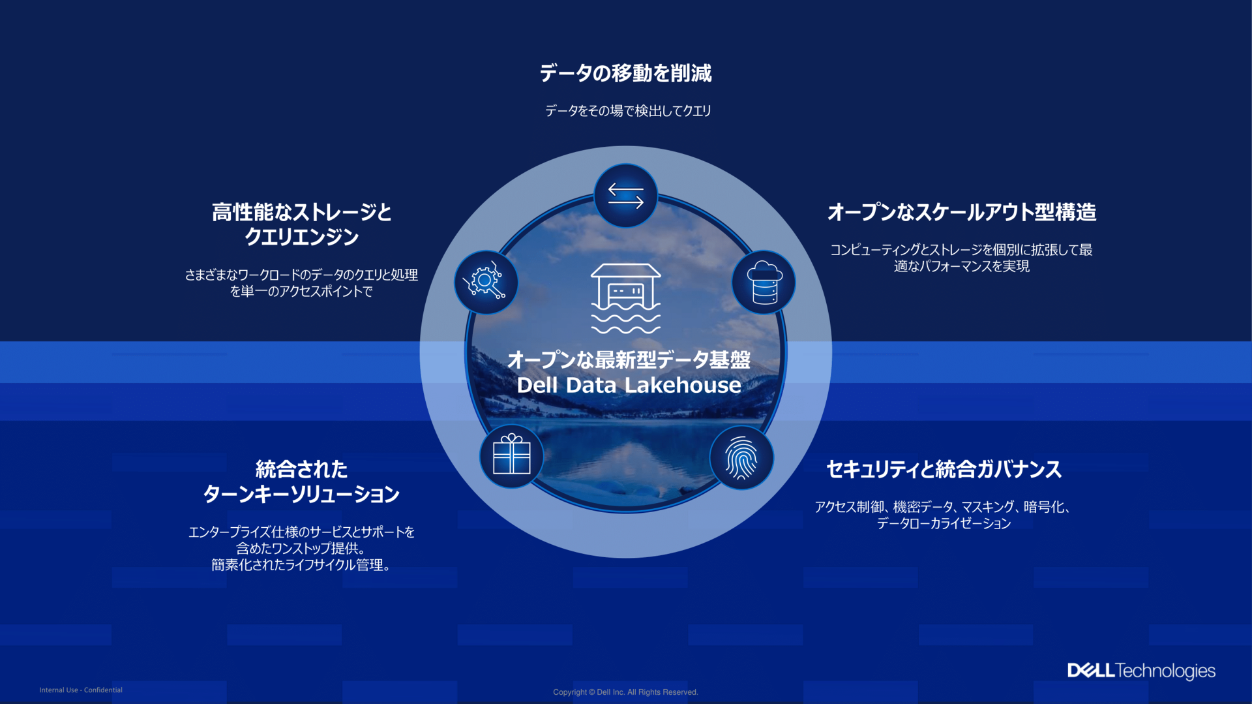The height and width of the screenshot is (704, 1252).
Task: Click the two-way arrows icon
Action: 625,195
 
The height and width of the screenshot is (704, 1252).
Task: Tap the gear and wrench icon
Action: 486,282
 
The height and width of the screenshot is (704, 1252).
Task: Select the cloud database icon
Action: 764,282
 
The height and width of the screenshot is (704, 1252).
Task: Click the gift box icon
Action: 511,455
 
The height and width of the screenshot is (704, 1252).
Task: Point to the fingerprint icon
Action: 741,457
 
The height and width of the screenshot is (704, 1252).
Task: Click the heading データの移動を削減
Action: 625,73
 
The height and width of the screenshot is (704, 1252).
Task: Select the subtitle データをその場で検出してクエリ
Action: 627,111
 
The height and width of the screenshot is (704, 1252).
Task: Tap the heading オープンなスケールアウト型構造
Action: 961,212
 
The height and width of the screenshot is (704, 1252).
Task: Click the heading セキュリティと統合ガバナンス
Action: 944,469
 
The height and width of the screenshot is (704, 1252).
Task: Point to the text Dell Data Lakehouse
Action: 629,386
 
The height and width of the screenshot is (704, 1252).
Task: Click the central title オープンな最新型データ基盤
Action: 629,360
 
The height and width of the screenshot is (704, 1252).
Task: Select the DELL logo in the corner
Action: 1090,671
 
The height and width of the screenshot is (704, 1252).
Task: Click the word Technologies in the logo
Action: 1165,671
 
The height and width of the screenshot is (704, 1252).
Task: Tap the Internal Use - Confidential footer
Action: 81,690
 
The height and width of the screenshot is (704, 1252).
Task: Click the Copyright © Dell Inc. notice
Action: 625,692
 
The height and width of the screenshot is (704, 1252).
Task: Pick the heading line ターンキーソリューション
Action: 301,494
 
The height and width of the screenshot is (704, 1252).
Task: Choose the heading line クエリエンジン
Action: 301,237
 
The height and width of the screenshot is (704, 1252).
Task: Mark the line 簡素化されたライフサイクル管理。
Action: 301,565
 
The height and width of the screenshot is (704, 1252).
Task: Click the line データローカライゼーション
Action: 944,523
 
